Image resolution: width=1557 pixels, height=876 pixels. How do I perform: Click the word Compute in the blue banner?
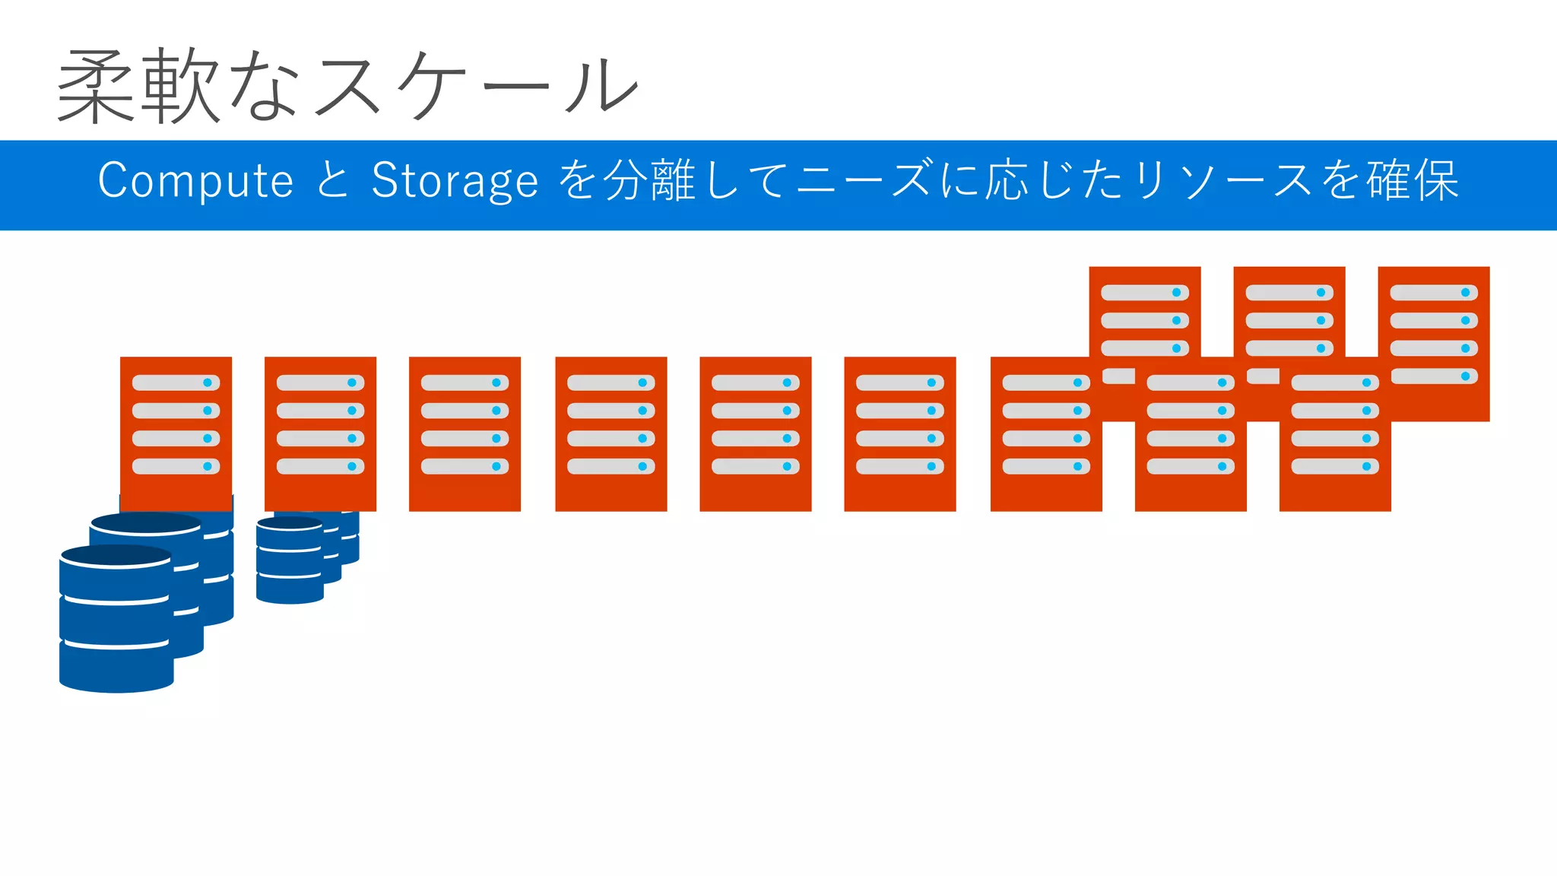(195, 181)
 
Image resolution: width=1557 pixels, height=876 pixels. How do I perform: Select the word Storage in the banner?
(455, 182)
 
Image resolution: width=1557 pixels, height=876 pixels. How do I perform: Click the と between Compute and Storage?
(332, 181)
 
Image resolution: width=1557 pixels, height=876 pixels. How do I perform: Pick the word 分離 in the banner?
(649, 181)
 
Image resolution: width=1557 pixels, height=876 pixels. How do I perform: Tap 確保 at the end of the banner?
(1413, 181)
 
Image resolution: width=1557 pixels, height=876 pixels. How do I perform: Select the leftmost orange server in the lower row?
(176, 433)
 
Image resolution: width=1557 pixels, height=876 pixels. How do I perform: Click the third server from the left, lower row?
(465, 433)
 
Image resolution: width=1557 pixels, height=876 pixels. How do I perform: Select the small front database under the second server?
(290, 563)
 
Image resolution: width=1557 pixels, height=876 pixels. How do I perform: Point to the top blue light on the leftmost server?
(208, 382)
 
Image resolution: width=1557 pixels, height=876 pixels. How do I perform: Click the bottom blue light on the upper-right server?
(1465, 376)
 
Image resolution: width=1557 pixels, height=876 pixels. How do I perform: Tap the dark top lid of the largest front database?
(116, 555)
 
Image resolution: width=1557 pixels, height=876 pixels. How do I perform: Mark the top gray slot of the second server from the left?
(320, 382)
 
